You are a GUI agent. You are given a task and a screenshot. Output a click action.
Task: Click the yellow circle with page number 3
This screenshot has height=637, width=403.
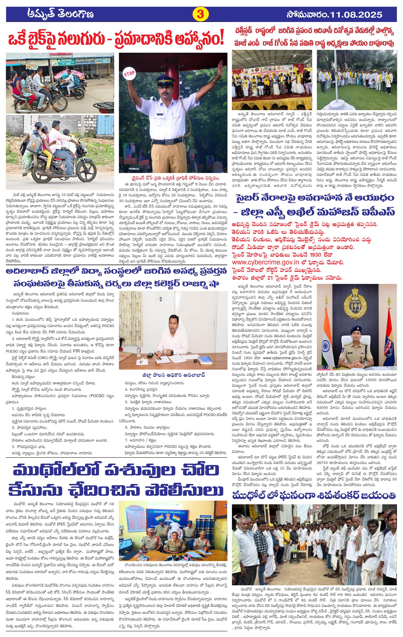tap(200, 14)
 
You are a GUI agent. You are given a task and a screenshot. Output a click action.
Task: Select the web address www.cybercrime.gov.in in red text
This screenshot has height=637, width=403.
tap(265, 262)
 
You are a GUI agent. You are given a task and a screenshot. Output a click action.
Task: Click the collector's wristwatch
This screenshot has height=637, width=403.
tap(171, 352)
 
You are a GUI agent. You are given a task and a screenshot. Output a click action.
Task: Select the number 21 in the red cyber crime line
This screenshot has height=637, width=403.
tap(270, 278)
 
